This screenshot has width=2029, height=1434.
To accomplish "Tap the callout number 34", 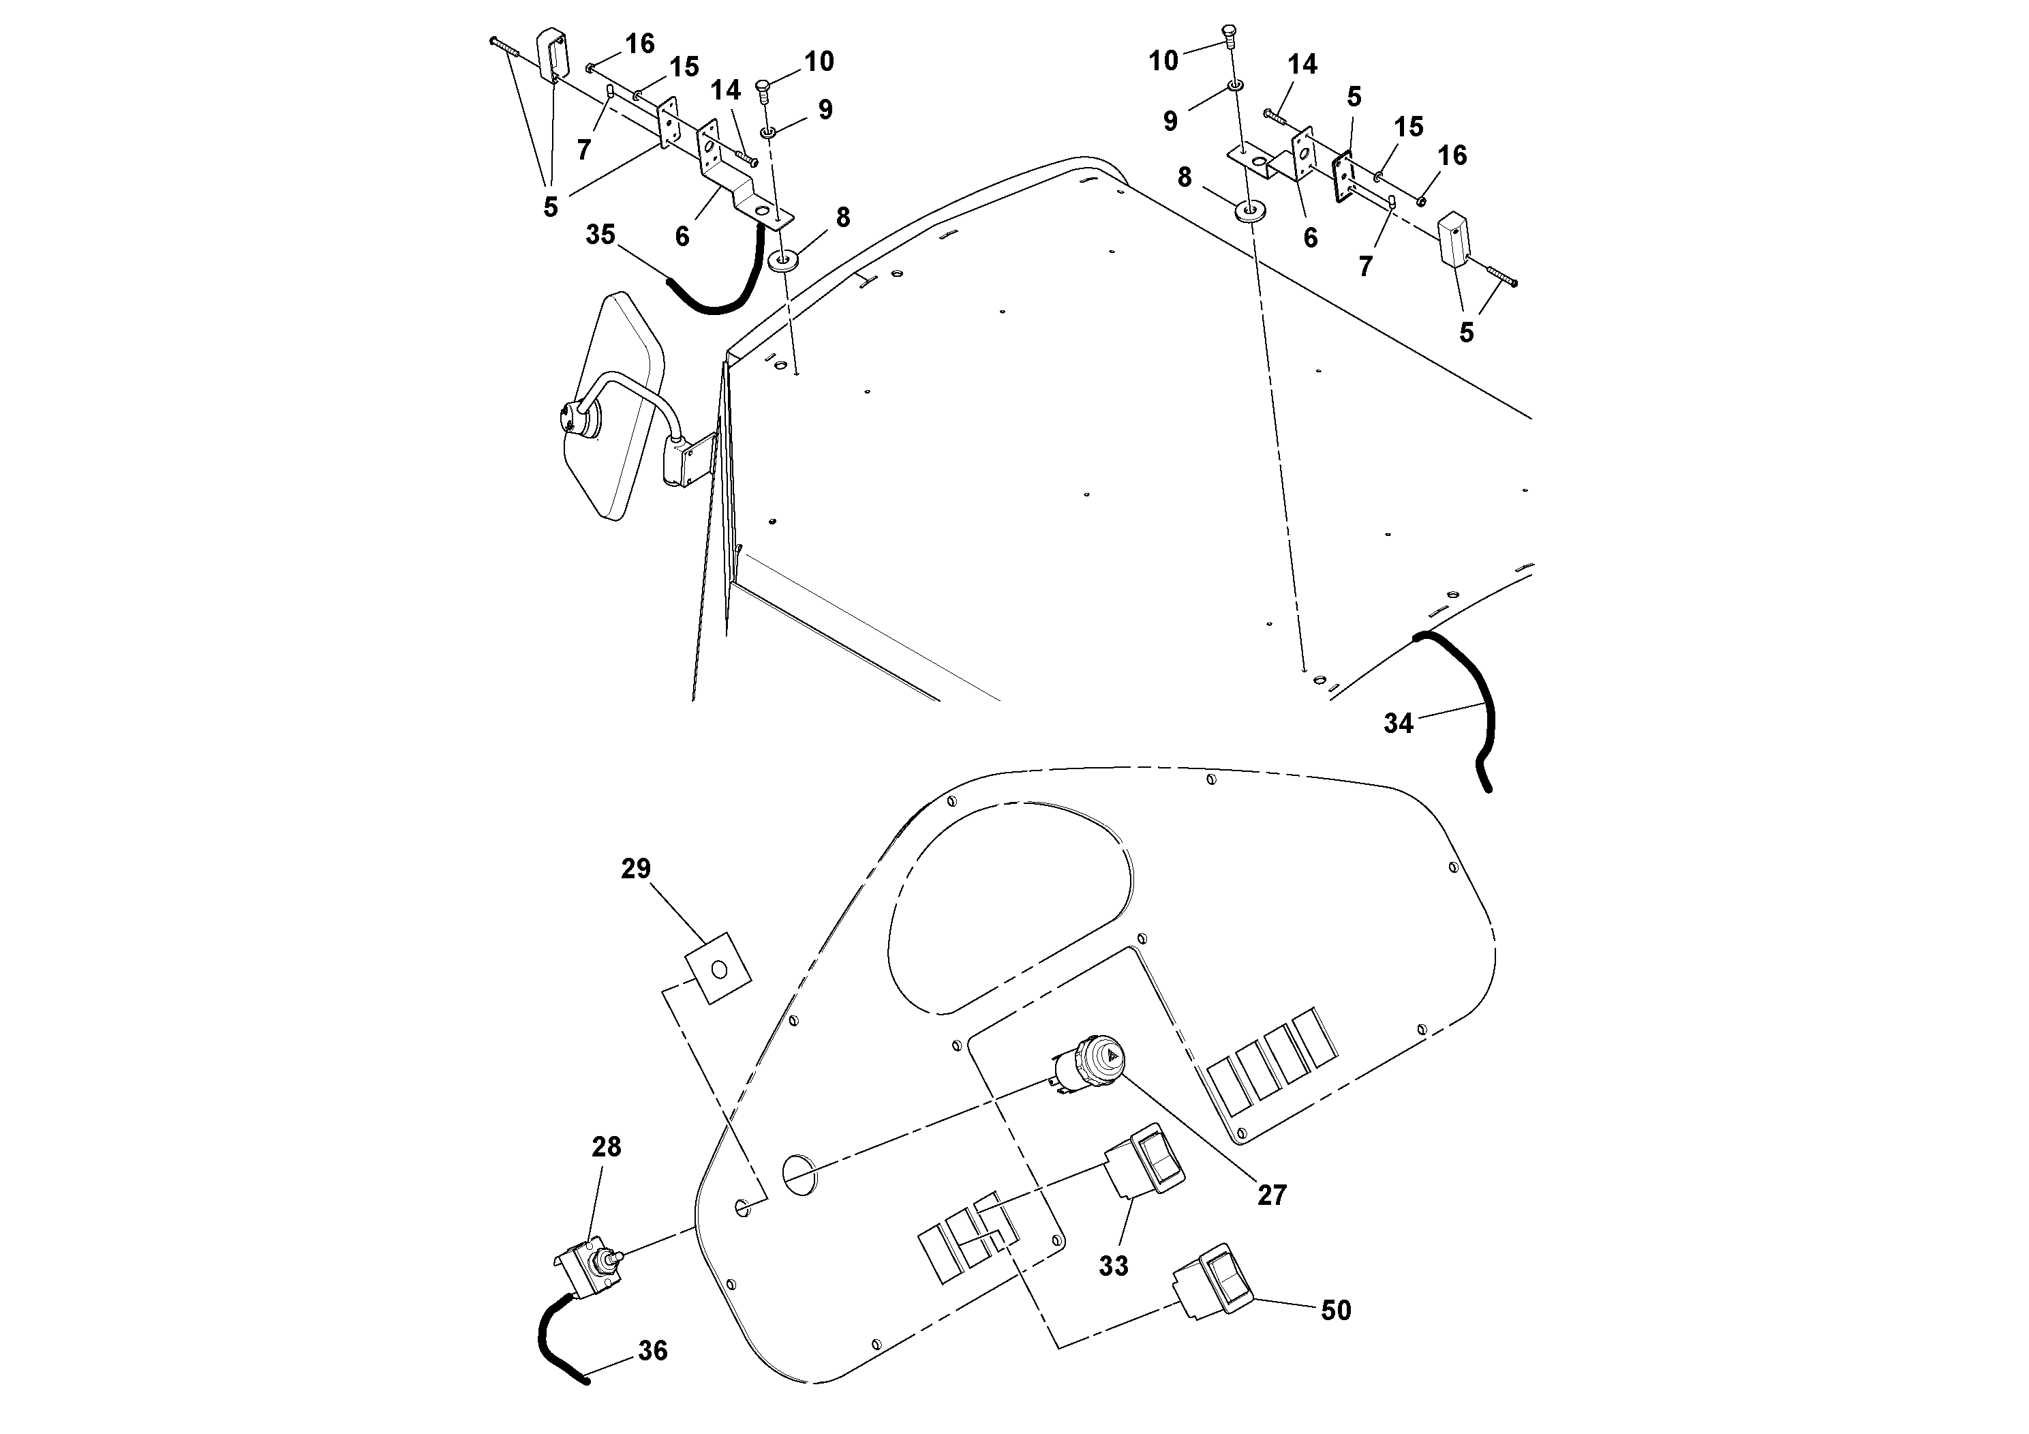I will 1398,723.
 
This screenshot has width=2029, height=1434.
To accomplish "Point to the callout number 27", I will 1272,1195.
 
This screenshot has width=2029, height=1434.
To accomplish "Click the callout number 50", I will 1335,1310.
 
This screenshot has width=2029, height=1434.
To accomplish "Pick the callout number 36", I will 652,1351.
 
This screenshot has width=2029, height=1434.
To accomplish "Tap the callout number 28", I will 606,1147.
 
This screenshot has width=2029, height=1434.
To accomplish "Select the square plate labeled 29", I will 718,969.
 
